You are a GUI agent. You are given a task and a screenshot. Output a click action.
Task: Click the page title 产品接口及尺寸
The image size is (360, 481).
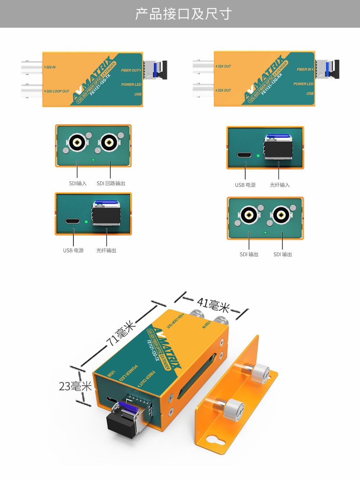pos(183,14)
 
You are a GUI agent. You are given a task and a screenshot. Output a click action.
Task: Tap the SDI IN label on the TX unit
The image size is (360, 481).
pos(51,67)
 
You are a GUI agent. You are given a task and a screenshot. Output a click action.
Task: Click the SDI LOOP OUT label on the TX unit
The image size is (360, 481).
pos(57,91)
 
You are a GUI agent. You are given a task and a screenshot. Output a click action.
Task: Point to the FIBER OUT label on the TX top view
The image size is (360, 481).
pos(131,70)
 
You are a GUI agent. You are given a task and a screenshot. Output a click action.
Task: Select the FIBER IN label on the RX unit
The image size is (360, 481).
pos(305,69)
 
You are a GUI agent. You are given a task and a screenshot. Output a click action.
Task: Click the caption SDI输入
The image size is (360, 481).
pos(78,184)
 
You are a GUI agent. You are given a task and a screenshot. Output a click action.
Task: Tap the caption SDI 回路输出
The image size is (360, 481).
pos(111,184)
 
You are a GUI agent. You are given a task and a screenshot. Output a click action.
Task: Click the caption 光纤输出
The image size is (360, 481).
pos(106,251)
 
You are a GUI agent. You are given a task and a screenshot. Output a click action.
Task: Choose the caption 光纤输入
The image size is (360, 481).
pos(280,185)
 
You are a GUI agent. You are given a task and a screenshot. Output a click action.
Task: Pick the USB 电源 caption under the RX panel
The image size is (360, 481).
pos(245,185)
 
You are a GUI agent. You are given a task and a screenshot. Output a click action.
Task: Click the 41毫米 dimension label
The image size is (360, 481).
pos(213,305)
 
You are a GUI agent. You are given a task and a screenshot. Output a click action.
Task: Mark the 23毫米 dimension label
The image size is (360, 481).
pos(75,387)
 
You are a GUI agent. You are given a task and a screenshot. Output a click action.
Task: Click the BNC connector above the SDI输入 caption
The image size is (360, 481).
pos(77,143)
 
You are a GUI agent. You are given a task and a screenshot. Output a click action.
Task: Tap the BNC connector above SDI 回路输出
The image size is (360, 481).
pos(108,143)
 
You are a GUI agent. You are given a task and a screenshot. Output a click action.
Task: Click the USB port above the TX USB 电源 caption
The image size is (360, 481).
pos(72,221)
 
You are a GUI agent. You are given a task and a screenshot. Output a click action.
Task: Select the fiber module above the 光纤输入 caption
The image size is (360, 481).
pos(278,148)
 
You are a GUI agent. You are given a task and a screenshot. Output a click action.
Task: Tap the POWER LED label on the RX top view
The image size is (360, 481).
pos(303,84)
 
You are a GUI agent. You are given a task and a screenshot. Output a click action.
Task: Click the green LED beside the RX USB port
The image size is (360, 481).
pos(258,156)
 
